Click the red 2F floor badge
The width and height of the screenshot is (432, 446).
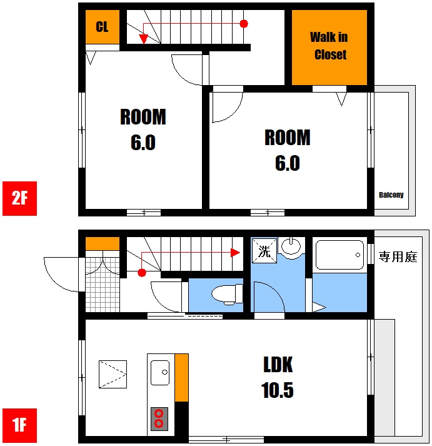pos(19,198)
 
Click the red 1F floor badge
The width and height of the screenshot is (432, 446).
pos(19,425)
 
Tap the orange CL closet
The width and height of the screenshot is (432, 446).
pos(103,27)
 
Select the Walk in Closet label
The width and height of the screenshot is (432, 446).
pos(329,46)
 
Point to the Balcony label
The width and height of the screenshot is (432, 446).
pos(391,195)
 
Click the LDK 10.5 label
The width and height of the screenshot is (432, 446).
pos(278,377)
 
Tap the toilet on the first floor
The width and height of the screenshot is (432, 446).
pos(227,295)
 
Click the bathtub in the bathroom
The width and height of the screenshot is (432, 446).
pos(339,255)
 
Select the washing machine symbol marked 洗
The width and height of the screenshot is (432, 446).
pos(264,251)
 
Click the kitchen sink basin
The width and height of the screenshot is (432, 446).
pos(160,373)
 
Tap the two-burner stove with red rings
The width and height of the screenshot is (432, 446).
pos(159,419)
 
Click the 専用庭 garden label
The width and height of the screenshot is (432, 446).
pos(398,257)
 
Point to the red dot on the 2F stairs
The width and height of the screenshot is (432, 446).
pos(244,24)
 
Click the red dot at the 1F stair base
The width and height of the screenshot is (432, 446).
pos(142,273)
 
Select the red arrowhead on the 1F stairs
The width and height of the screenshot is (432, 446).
pos(235,252)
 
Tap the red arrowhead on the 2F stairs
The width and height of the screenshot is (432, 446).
pos(144,39)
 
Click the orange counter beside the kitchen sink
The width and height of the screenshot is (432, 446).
pos(181,377)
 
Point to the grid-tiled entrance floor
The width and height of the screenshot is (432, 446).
pos(103,285)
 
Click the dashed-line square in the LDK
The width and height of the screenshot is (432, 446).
pos(113,374)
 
